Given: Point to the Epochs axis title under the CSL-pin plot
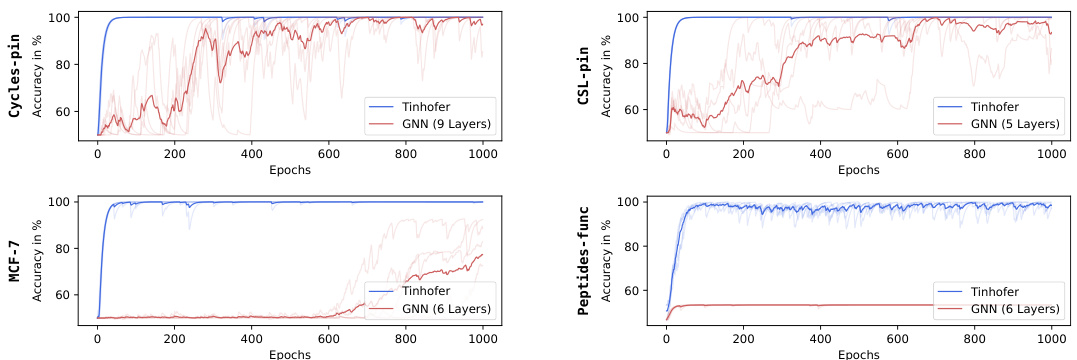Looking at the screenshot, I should [x=858, y=170].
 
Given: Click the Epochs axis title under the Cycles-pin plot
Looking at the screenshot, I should [x=290, y=170].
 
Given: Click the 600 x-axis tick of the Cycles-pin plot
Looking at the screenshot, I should [x=328, y=155].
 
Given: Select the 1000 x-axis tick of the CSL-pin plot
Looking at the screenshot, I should [x=1051, y=155].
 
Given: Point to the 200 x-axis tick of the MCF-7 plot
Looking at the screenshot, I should [x=174, y=340].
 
